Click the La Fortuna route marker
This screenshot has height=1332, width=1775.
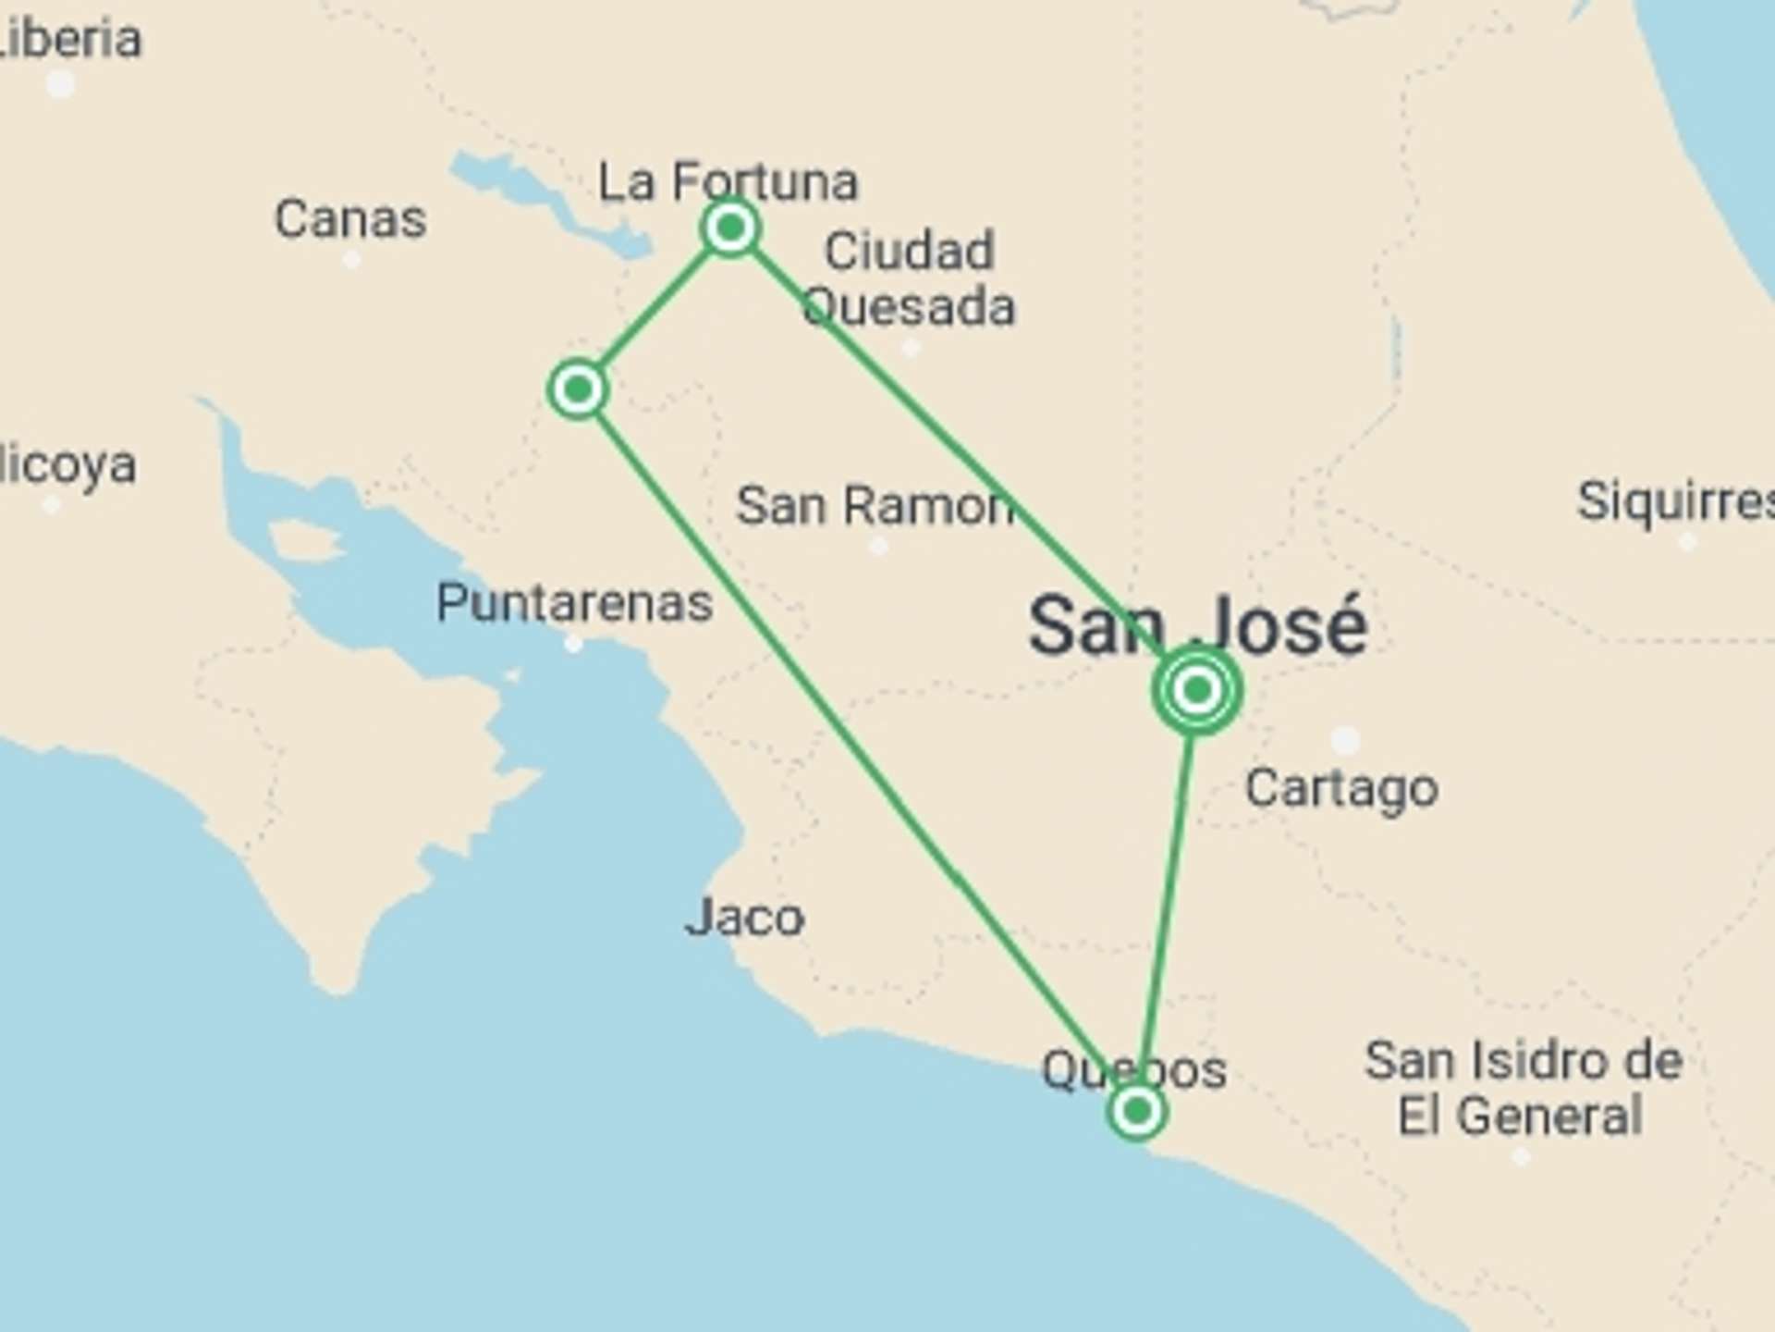click(x=730, y=228)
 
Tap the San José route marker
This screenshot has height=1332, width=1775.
click(x=1197, y=690)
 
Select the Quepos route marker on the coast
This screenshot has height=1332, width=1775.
click(x=1136, y=1110)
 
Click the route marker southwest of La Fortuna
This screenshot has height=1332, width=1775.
click(x=578, y=389)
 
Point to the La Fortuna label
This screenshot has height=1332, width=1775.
click(x=728, y=180)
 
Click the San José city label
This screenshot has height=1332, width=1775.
click(x=1197, y=626)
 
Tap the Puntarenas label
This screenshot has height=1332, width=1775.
click(x=574, y=603)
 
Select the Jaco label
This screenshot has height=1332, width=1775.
click(x=744, y=918)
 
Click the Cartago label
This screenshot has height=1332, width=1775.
click(x=1341, y=788)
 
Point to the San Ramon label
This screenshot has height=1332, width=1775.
click(x=875, y=506)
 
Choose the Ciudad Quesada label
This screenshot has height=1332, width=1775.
click(x=909, y=278)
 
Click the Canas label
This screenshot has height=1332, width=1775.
click(x=350, y=219)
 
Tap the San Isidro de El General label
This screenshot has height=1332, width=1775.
click(x=1523, y=1088)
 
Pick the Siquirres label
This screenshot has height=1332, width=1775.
click(x=1673, y=501)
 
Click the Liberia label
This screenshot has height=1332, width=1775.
click(x=69, y=39)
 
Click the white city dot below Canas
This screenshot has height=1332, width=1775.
click(x=351, y=260)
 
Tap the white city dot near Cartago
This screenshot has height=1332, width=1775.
click(x=1345, y=740)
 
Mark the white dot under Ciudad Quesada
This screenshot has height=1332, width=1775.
click(x=911, y=349)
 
